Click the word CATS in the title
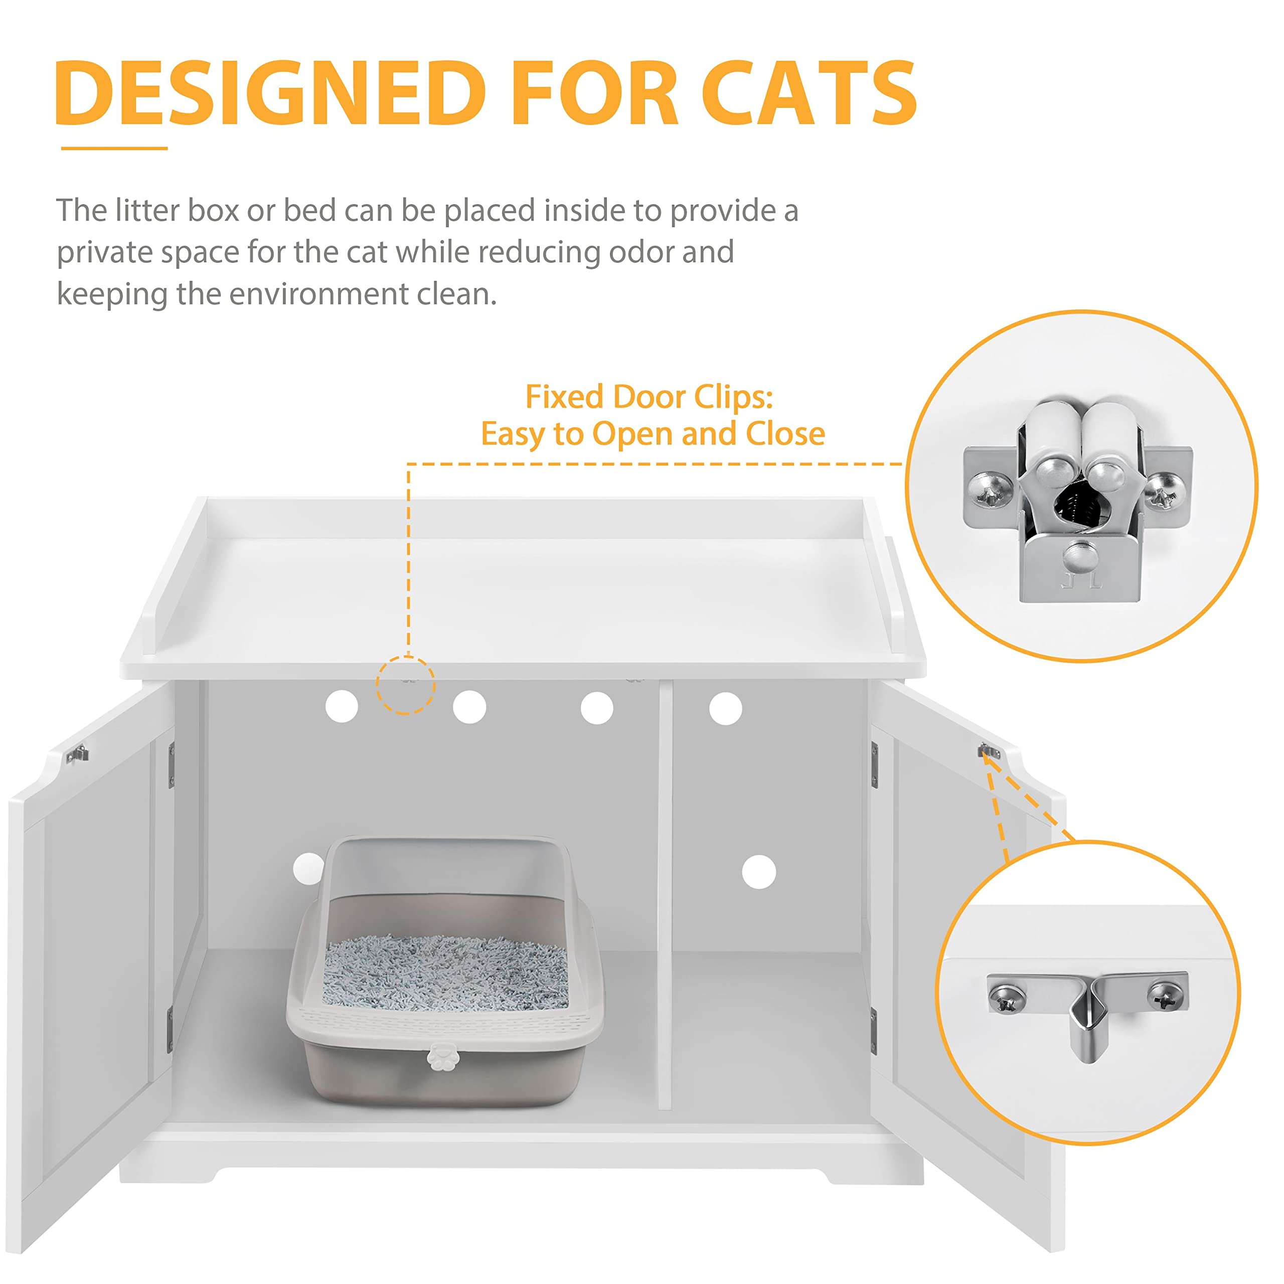[809, 93]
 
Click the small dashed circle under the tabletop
[405, 685]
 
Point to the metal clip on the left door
[77, 754]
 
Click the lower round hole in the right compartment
[758, 871]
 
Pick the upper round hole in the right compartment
[725, 709]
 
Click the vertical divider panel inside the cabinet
[665, 897]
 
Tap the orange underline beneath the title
[114, 148]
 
